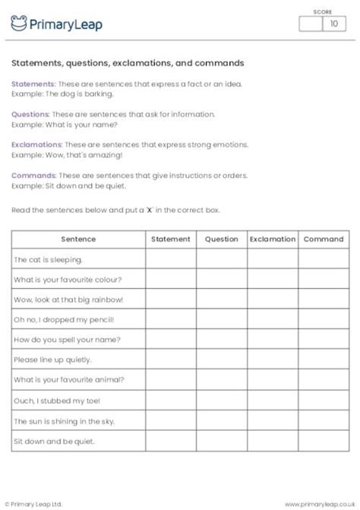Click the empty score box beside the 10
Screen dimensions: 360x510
pyautogui.click(x=311, y=24)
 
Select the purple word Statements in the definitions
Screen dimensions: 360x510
pyautogui.click(x=33, y=83)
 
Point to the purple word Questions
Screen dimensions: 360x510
pyautogui.click(x=31, y=113)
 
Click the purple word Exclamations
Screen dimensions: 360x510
pyautogui.click(x=36, y=144)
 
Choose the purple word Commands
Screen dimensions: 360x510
pyautogui.click(x=33, y=174)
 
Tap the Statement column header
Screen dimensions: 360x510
pyautogui.click(x=171, y=239)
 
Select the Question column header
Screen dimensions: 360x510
pyautogui.click(x=222, y=239)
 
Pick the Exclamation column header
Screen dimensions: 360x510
pyautogui.click(x=273, y=239)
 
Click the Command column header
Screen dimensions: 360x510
pyautogui.click(x=324, y=239)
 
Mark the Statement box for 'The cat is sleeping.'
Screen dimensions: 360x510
pyautogui.click(x=171, y=259)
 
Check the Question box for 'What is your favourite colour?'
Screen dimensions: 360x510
pyautogui.click(x=222, y=279)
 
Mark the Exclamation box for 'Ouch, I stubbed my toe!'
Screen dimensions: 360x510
pyautogui.click(x=273, y=400)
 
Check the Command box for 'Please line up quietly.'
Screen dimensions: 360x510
pyautogui.click(x=324, y=360)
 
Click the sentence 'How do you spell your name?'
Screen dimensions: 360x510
pyautogui.click(x=67, y=340)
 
